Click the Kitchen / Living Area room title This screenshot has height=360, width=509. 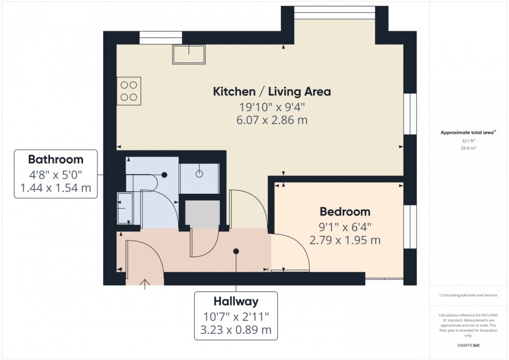click(272, 92)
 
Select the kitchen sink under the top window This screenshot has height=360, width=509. click(189, 55)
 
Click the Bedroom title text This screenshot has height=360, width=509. click(345, 212)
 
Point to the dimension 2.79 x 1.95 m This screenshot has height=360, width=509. click(345, 240)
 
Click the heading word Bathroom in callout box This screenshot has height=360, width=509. click(56, 159)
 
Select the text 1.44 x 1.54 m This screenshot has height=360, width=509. click(56, 188)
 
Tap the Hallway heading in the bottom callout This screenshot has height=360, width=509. click(236, 301)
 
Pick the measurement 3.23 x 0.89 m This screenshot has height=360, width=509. click(236, 330)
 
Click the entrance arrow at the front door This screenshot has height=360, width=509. click(144, 283)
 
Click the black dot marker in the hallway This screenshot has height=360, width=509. click(236, 251)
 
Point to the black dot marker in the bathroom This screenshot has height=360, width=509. click(164, 175)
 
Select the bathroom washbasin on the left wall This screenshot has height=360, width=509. click(124, 208)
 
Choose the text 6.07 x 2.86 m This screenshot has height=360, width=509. click(272, 121)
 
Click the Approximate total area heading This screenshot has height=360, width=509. click(468, 132)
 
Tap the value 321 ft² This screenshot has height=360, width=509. click(468, 141)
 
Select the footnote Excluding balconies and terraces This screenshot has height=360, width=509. click(468, 295)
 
